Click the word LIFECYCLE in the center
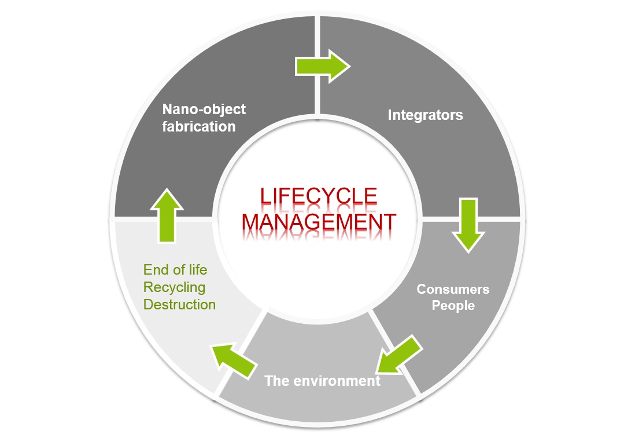pos(319,197)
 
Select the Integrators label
pos(425,115)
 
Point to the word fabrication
pos(199,126)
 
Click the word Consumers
pos(453,289)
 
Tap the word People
pos(453,305)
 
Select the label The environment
pos(322,381)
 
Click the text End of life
pos(175,269)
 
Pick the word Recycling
pos(174,287)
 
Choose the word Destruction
pos(179,304)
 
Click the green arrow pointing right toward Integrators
pos(322,65)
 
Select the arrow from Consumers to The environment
pos(399,354)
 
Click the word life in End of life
pos(197,269)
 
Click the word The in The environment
pos(276,381)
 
